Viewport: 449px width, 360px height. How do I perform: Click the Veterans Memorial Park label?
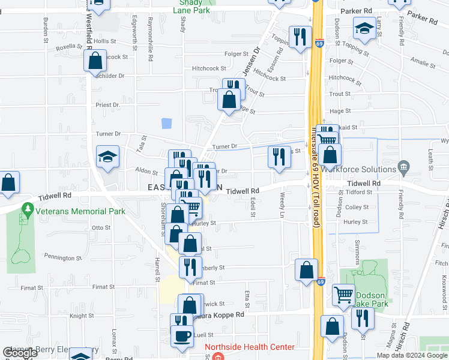[x=80, y=211]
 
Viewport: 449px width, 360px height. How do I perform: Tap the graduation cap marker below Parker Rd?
[x=364, y=28]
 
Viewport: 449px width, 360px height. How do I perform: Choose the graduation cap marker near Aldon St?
[x=108, y=157]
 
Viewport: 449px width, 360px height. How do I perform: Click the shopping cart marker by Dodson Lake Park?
[x=343, y=295]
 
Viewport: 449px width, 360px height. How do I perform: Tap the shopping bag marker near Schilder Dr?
[x=95, y=61]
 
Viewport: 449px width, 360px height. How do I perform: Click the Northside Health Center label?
[x=250, y=347]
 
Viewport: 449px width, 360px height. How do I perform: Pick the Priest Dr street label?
[x=108, y=105]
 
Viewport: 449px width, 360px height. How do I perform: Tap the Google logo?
[x=20, y=353]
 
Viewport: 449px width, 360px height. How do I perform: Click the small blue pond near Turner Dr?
[x=166, y=124]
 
